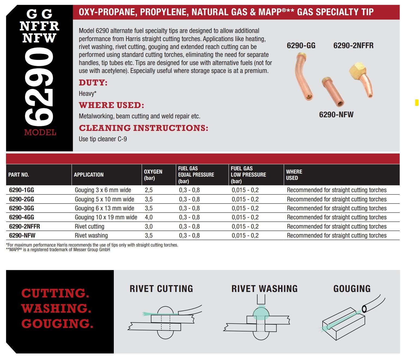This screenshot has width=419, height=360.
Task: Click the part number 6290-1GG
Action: pyautogui.click(x=22, y=190)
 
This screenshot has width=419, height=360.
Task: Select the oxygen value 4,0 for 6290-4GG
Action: pyautogui.click(x=149, y=217)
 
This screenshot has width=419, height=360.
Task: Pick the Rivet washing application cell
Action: pyautogui.click(x=91, y=235)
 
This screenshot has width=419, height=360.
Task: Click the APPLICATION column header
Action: pyautogui.click(x=89, y=175)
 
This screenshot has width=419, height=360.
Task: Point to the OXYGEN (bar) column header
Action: pyautogui.click(x=153, y=175)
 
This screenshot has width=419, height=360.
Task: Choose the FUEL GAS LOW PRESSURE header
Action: pyautogui.click(x=248, y=175)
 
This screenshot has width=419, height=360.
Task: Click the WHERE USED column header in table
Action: pyautogui.click(x=294, y=175)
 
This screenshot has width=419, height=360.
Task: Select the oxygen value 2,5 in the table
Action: pyautogui.click(x=149, y=190)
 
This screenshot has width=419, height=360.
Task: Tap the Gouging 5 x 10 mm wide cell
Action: pyautogui.click(x=104, y=199)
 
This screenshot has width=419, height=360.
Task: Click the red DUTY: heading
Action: pyautogui.click(x=93, y=83)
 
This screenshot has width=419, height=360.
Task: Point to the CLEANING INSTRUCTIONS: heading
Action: pyautogui.click(x=143, y=128)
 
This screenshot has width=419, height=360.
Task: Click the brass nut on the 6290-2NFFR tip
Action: pyautogui.click(x=357, y=70)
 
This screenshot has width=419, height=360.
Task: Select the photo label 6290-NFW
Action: pyautogui.click(x=336, y=115)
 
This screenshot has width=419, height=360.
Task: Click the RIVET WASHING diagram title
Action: pyautogui.click(x=264, y=289)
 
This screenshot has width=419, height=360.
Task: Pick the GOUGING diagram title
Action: pyautogui.click(x=352, y=289)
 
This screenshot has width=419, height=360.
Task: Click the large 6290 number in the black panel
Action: pyautogui.click(x=39, y=87)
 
